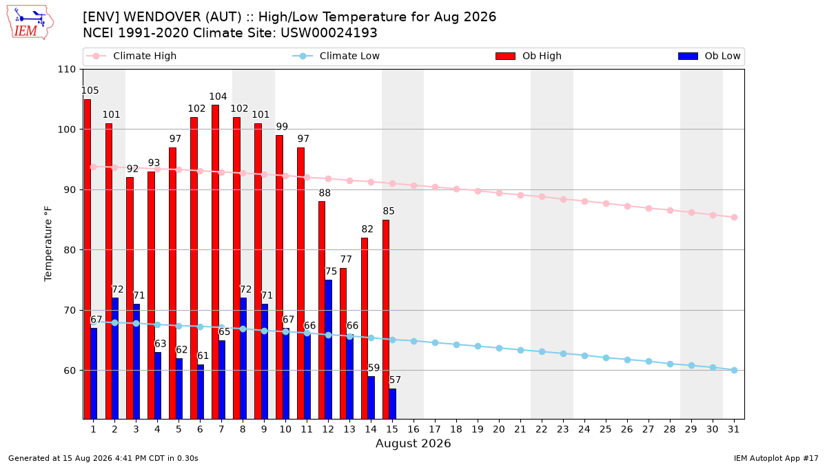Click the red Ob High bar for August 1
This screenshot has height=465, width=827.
[87, 259]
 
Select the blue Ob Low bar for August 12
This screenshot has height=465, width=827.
[328, 349]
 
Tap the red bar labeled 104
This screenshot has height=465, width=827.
[215, 262]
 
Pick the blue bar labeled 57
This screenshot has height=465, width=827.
[392, 404]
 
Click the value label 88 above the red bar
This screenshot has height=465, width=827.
[325, 193]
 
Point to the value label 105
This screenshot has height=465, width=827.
[90, 90]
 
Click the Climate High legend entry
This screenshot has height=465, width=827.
[131, 56]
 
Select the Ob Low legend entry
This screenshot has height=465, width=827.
[709, 56]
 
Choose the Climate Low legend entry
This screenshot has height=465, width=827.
[336, 56]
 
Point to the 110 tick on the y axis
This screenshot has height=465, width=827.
[66, 70]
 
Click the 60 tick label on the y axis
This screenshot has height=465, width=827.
[70, 371]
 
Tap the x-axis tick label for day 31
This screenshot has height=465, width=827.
[733, 429]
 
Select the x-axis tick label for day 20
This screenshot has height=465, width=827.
[499, 429]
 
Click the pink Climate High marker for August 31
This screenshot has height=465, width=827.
[735, 218]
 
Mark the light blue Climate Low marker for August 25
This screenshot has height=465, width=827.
[606, 358]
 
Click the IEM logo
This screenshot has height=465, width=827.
[30, 23]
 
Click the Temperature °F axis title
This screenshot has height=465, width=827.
[48, 244]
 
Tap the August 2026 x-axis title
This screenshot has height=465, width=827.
[413, 443]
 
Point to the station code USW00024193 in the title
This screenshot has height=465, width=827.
[329, 33]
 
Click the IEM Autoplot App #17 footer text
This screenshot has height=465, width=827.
[776, 458]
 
